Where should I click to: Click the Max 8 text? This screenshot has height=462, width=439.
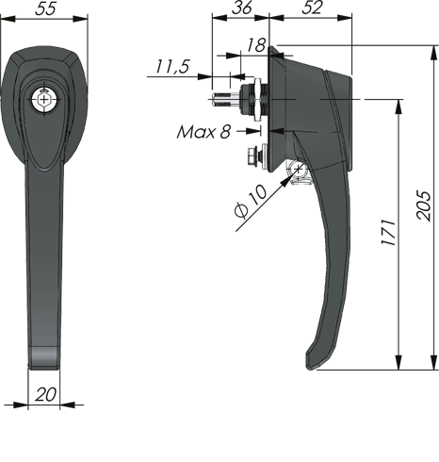click(203, 131)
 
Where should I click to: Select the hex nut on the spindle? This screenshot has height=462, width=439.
click(255, 97)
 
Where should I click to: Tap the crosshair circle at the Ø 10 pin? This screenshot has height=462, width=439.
click(298, 171)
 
